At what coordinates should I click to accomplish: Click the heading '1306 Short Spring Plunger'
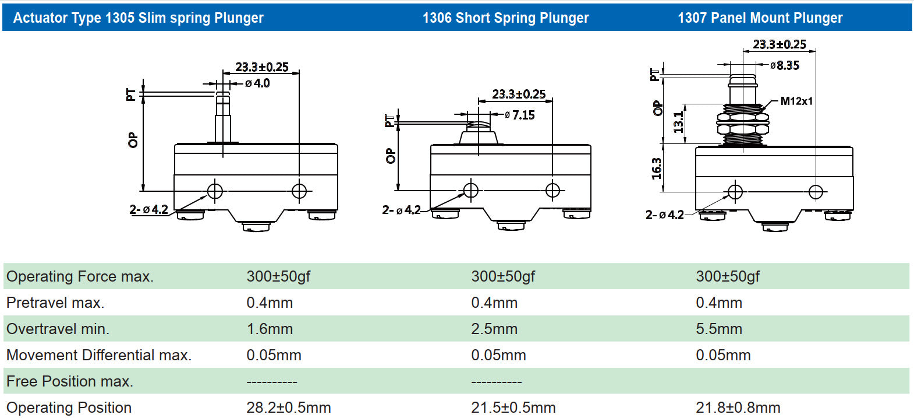pyautogui.click(x=505, y=18)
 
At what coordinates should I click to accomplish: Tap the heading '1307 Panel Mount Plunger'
pyautogui.click(x=760, y=18)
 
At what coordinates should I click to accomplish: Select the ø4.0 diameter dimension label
pyautogui.click(x=257, y=83)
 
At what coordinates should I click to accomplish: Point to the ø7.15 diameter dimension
pyautogui.click(x=519, y=115)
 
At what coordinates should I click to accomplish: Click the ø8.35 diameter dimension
pyautogui.click(x=785, y=65)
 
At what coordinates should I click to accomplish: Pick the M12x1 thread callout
pyautogui.click(x=796, y=101)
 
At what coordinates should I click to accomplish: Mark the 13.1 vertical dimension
pyautogui.click(x=678, y=122)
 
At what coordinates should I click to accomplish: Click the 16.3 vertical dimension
pyautogui.click(x=656, y=168)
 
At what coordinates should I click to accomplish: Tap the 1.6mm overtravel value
pyautogui.click(x=270, y=329)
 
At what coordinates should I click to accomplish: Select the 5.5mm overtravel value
pyautogui.click(x=719, y=329)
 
